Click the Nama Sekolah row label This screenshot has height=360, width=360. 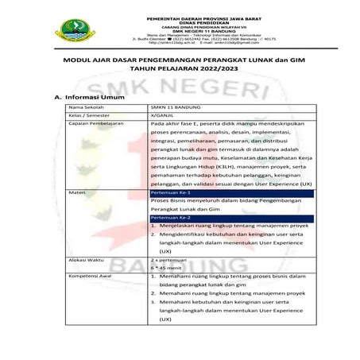click(x=88, y=106)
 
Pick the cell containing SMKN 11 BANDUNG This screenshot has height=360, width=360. click(x=176, y=106)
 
